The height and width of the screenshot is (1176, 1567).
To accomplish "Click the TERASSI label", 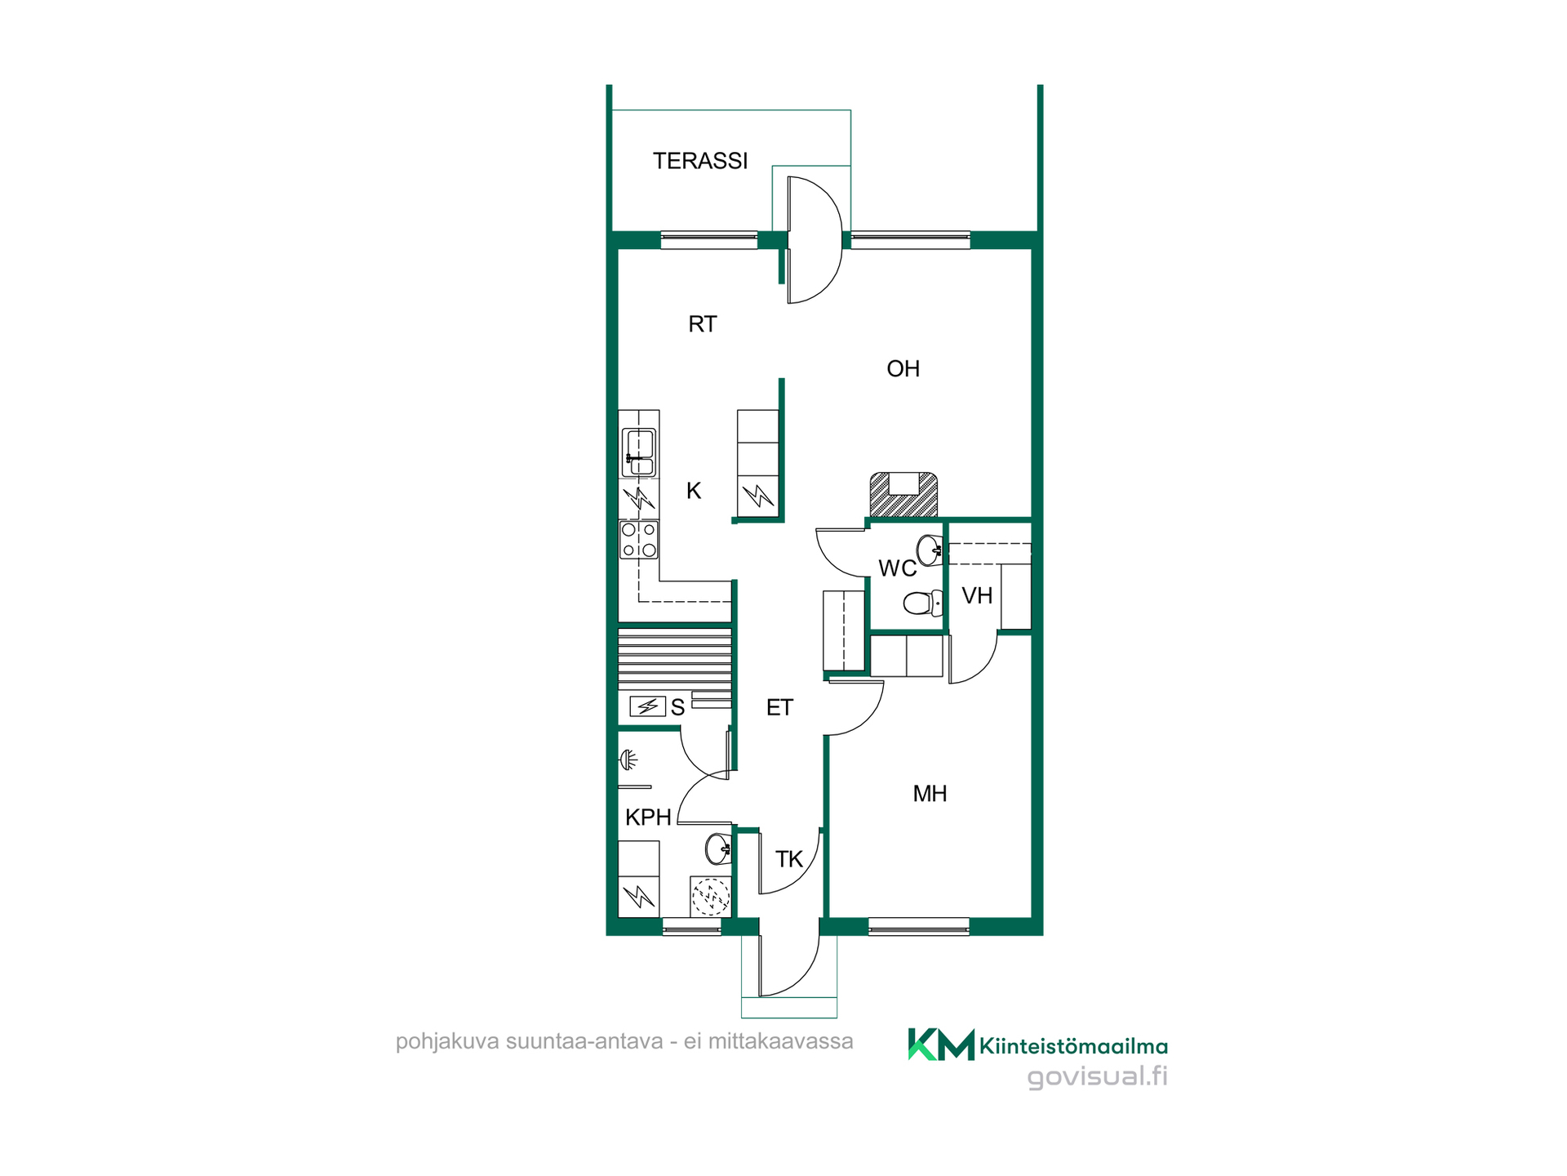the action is (699, 161).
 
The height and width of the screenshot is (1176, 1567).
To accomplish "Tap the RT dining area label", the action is (702, 324).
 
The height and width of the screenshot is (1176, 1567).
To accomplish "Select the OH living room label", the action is (903, 369).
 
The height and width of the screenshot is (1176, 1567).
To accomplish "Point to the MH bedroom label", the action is (930, 794).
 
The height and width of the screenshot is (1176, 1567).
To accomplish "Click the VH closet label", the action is (977, 596).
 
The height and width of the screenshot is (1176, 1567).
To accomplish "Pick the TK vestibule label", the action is (788, 859).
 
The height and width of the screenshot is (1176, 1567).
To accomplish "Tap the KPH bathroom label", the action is (648, 817).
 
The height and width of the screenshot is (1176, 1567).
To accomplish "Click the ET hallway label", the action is (779, 707).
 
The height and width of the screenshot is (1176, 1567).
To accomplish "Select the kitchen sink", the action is (639, 453).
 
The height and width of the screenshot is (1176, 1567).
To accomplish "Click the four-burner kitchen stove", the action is (639, 540).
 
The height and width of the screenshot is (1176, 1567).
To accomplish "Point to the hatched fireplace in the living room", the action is (903, 494).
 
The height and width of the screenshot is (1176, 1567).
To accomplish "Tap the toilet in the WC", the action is (923, 604).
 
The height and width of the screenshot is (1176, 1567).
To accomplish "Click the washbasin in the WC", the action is (930, 550).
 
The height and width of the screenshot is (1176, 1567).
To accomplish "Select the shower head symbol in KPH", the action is (628, 760).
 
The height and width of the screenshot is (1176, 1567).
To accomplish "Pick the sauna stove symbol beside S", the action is (647, 706).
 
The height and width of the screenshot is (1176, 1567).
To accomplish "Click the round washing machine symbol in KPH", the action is (711, 897).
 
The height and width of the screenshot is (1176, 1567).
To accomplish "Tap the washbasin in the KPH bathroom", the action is (718, 849).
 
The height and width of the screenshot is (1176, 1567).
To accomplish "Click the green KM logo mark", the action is (941, 1045).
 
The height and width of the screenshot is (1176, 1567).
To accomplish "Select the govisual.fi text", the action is (1097, 1077).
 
